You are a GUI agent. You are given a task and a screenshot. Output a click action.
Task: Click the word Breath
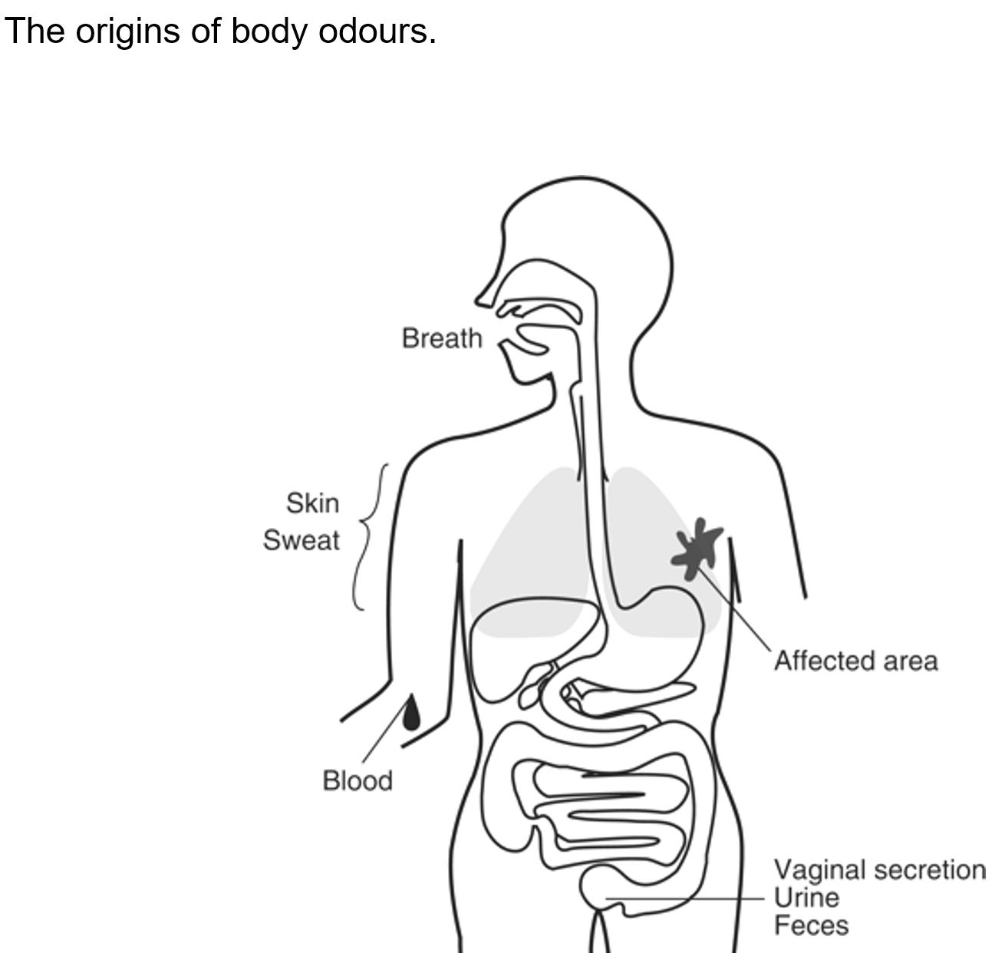point(442,338)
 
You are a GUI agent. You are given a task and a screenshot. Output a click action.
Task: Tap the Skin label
point(312,503)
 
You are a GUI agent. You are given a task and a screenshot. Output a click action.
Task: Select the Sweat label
point(301,540)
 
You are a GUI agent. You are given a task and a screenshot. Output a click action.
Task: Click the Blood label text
point(357,780)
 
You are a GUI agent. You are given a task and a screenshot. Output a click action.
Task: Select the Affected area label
point(855,661)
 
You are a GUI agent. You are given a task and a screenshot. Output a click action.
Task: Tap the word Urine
point(806,897)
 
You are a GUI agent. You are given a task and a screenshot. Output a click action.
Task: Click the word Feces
point(811,925)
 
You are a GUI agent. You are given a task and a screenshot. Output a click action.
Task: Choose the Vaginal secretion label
point(879,869)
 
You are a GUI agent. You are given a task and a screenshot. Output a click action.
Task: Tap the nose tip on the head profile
point(480,298)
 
